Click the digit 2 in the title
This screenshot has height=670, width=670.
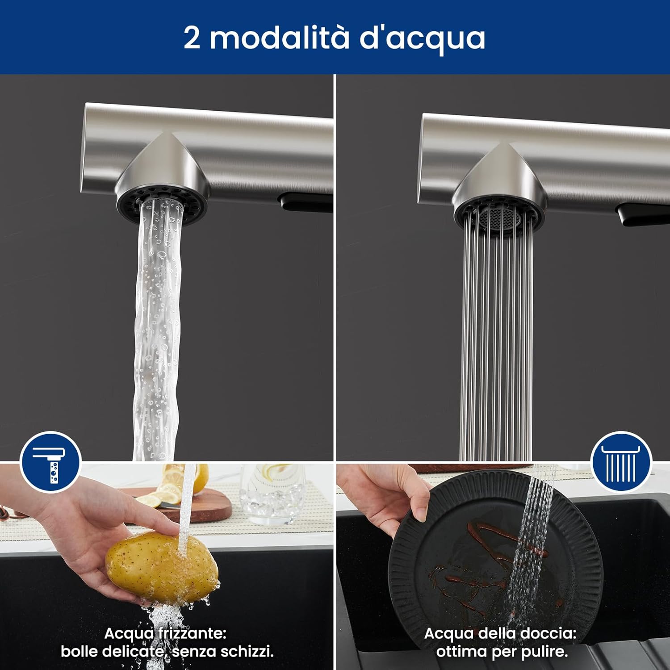pyautogui.click(x=192, y=38)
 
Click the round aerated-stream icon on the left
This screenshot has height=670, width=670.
pyautogui.click(x=50, y=461)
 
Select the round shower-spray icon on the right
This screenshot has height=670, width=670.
pyautogui.click(x=621, y=462)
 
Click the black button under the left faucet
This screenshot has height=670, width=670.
pyautogui.click(x=304, y=201)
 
